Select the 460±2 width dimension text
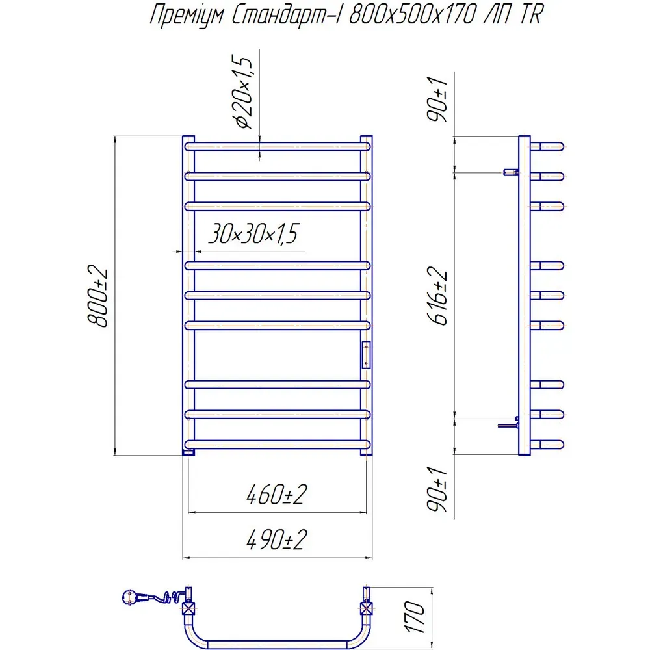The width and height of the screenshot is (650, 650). tap(276, 496)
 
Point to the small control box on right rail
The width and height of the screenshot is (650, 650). tap(366, 354)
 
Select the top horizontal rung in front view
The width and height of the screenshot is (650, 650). tap(278, 146)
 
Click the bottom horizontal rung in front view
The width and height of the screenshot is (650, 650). tap(278, 444)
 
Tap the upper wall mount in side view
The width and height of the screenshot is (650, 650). tap(511, 172)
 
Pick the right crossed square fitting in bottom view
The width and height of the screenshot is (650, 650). tap(367, 609)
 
